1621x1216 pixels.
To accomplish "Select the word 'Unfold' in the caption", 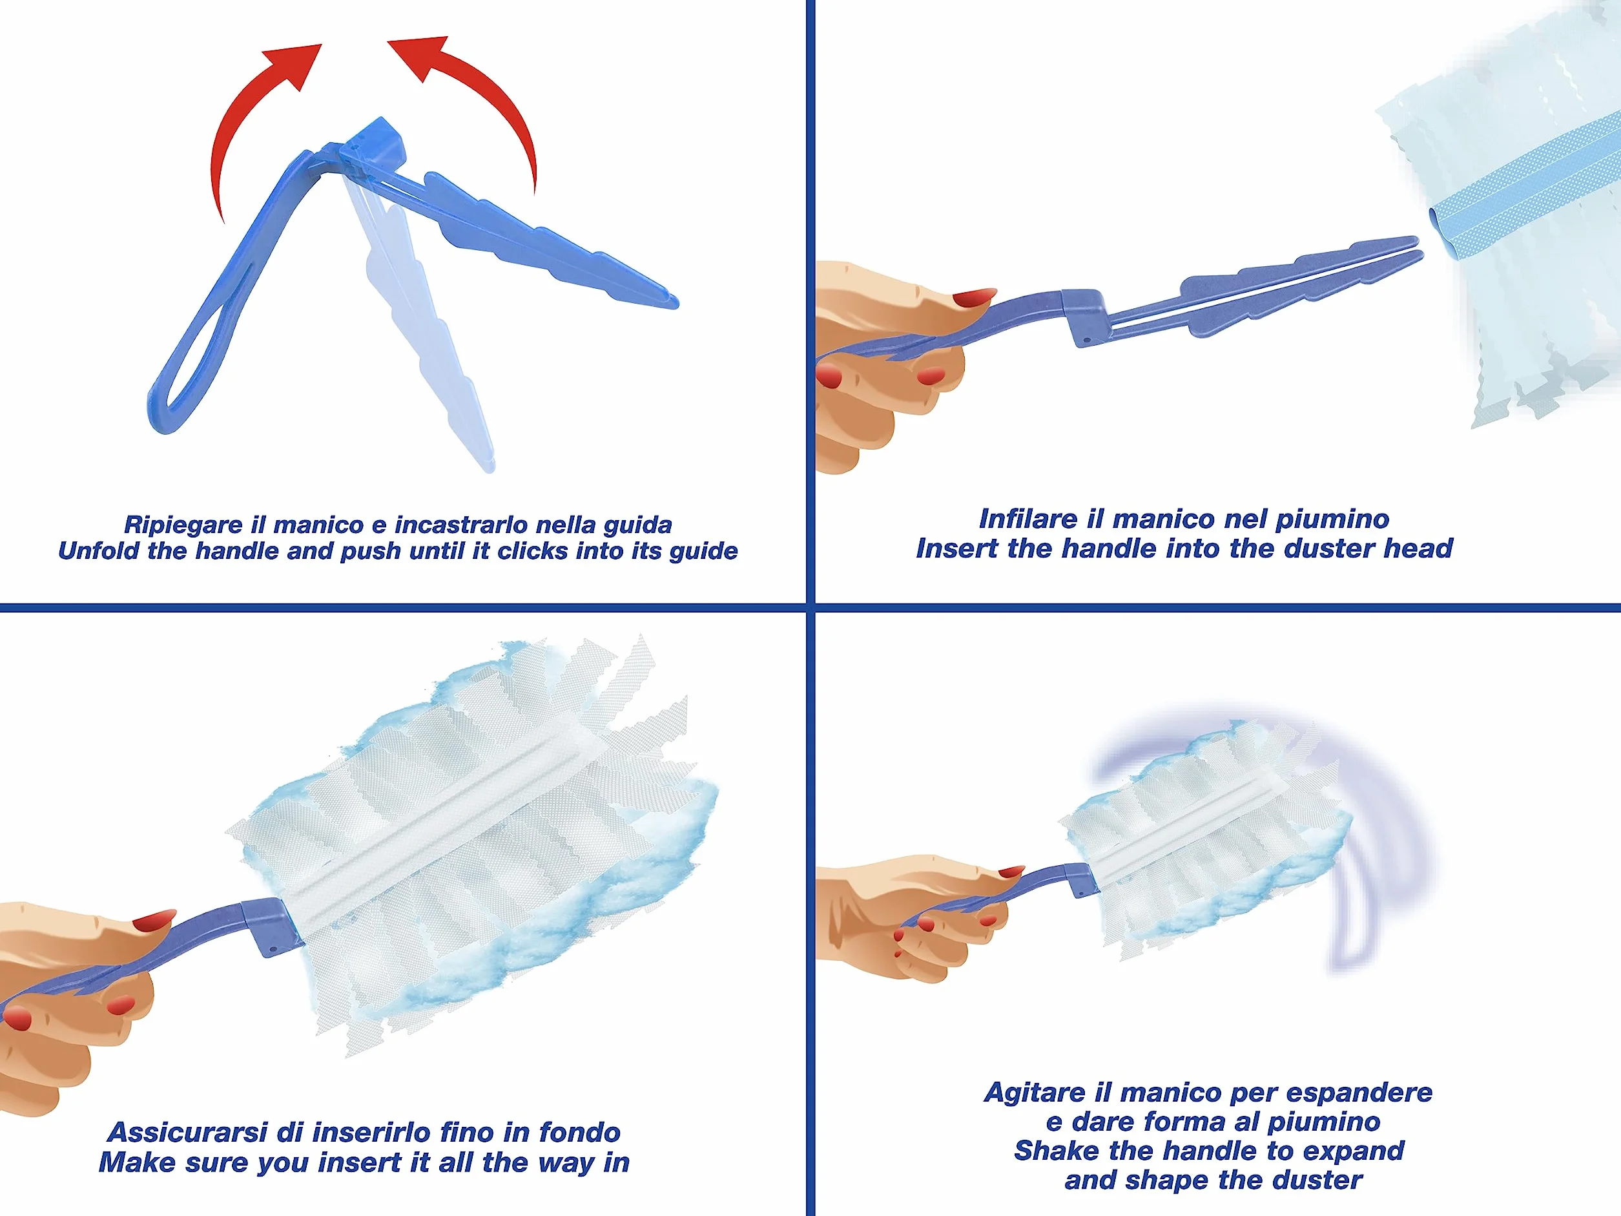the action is [99, 550].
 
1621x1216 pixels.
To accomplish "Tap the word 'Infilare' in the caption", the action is [1028, 519].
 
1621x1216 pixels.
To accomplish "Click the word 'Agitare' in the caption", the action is [1034, 1092].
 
